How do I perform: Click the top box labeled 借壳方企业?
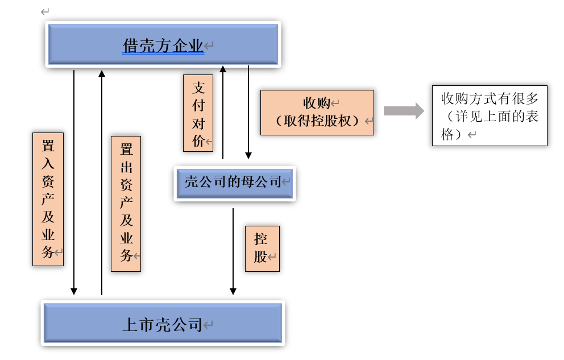click(x=163, y=45)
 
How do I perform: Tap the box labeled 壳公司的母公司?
click(x=234, y=183)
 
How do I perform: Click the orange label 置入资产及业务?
click(x=48, y=199)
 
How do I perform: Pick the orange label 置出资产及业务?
click(x=126, y=204)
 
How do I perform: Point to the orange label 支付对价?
click(x=198, y=114)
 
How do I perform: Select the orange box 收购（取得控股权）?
click(x=317, y=112)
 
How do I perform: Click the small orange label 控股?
click(x=262, y=248)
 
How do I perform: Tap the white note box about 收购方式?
click(x=489, y=115)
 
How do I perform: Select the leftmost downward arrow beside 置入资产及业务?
click(x=74, y=182)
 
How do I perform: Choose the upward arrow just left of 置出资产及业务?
click(x=102, y=182)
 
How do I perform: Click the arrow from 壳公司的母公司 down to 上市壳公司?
click(x=233, y=250)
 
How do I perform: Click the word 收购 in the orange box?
click(x=316, y=103)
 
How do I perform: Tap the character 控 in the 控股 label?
click(x=261, y=238)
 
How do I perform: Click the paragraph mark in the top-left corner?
click(x=45, y=11)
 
